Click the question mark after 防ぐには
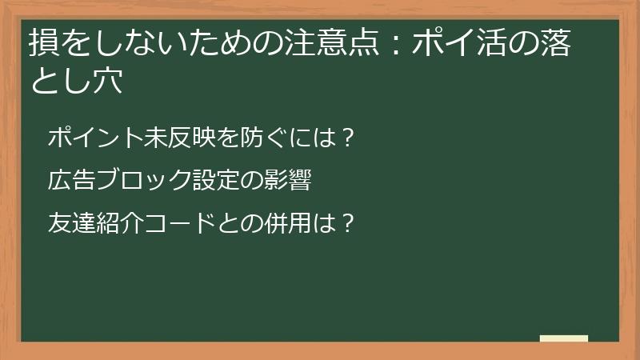tap(346, 138)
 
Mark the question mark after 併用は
tap(346, 222)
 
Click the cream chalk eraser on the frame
tap(563, 338)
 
